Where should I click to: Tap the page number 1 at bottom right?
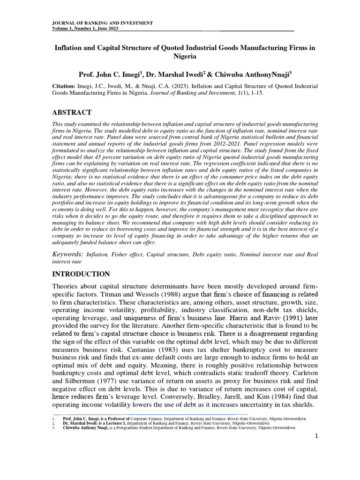click(316, 436)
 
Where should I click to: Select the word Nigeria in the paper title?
click(182, 56)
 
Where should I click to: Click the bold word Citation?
click(64, 87)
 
